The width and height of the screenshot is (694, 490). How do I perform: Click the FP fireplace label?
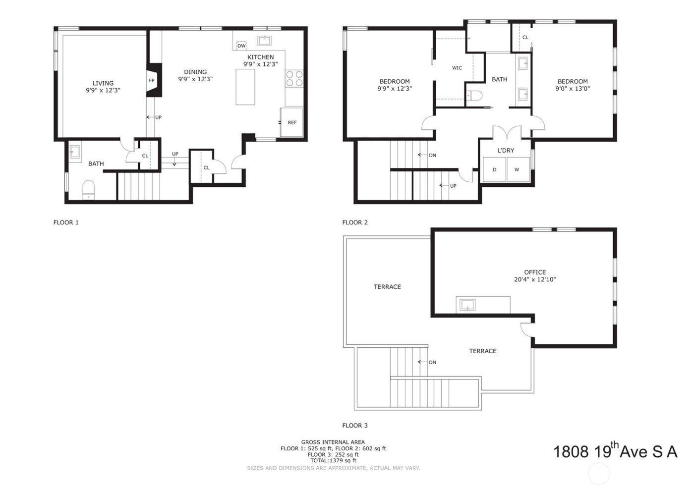point(152,80)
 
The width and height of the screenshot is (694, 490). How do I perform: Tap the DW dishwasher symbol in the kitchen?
point(241,46)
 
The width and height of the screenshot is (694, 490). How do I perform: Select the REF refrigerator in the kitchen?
point(291,122)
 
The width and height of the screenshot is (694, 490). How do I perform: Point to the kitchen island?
point(245,87)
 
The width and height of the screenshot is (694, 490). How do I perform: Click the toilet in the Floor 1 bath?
point(89,189)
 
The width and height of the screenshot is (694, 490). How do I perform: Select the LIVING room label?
point(103,83)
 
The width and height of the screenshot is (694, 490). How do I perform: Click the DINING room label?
point(195,72)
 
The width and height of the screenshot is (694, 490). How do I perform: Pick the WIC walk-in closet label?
point(457,68)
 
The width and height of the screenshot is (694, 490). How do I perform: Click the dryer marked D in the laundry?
point(494,169)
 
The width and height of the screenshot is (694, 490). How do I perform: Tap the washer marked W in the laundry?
point(517,169)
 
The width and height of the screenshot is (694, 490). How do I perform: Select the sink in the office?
point(467,305)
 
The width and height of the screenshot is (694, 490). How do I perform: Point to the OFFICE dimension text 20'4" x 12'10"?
point(535,279)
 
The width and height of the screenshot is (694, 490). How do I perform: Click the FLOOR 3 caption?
point(355,425)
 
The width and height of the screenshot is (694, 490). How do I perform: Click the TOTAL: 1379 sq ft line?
point(333,461)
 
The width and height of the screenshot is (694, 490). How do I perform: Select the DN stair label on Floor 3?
point(432,362)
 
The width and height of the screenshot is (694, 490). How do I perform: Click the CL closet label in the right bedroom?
point(525,37)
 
